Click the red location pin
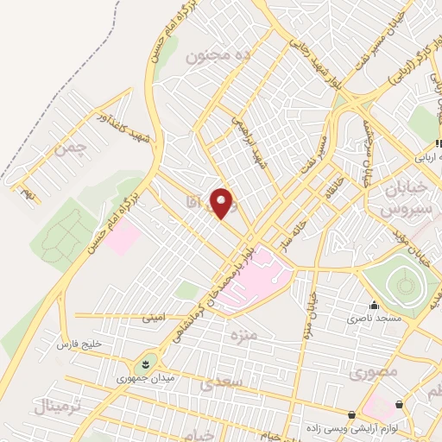(223, 203)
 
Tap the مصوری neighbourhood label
(373, 374)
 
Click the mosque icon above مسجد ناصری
(374, 305)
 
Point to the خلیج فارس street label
(79, 344)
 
